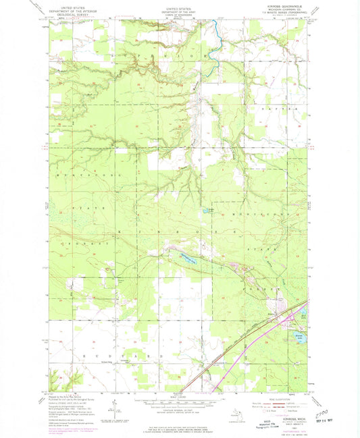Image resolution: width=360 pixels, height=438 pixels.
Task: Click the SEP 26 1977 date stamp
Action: [325, 412]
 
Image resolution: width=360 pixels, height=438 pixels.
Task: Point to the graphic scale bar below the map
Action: [176, 402]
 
